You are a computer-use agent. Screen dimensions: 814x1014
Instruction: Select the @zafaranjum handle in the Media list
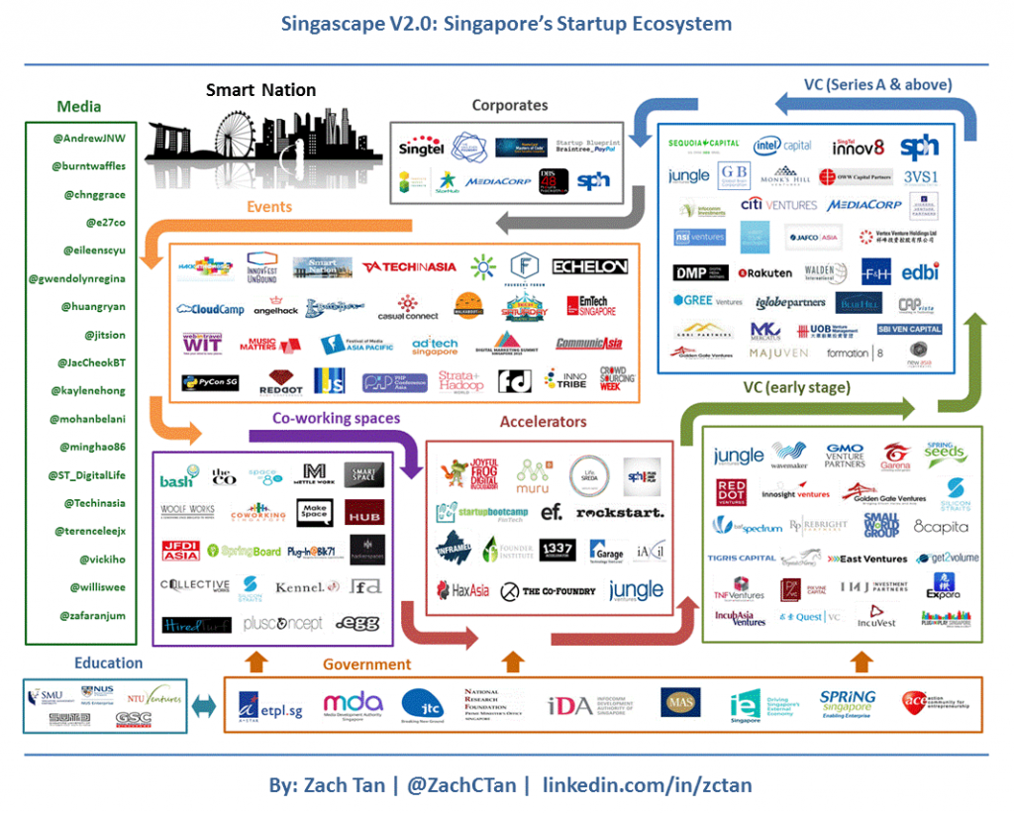[x=88, y=615]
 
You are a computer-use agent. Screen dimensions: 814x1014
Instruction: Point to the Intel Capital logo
[x=782, y=145]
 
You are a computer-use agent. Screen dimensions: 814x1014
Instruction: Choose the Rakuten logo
[x=764, y=272]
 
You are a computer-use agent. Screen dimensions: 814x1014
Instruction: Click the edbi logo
[x=919, y=271]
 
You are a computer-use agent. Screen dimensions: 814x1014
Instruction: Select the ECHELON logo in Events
[x=589, y=266]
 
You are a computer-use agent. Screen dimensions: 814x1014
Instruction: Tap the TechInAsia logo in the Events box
[x=408, y=267]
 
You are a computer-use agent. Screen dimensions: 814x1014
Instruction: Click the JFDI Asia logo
[x=180, y=550]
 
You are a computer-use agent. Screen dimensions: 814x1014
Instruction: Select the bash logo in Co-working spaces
[x=178, y=480]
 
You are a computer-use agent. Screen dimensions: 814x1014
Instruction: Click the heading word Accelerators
[x=543, y=422]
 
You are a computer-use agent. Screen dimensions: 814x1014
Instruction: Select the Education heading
[x=108, y=662]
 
